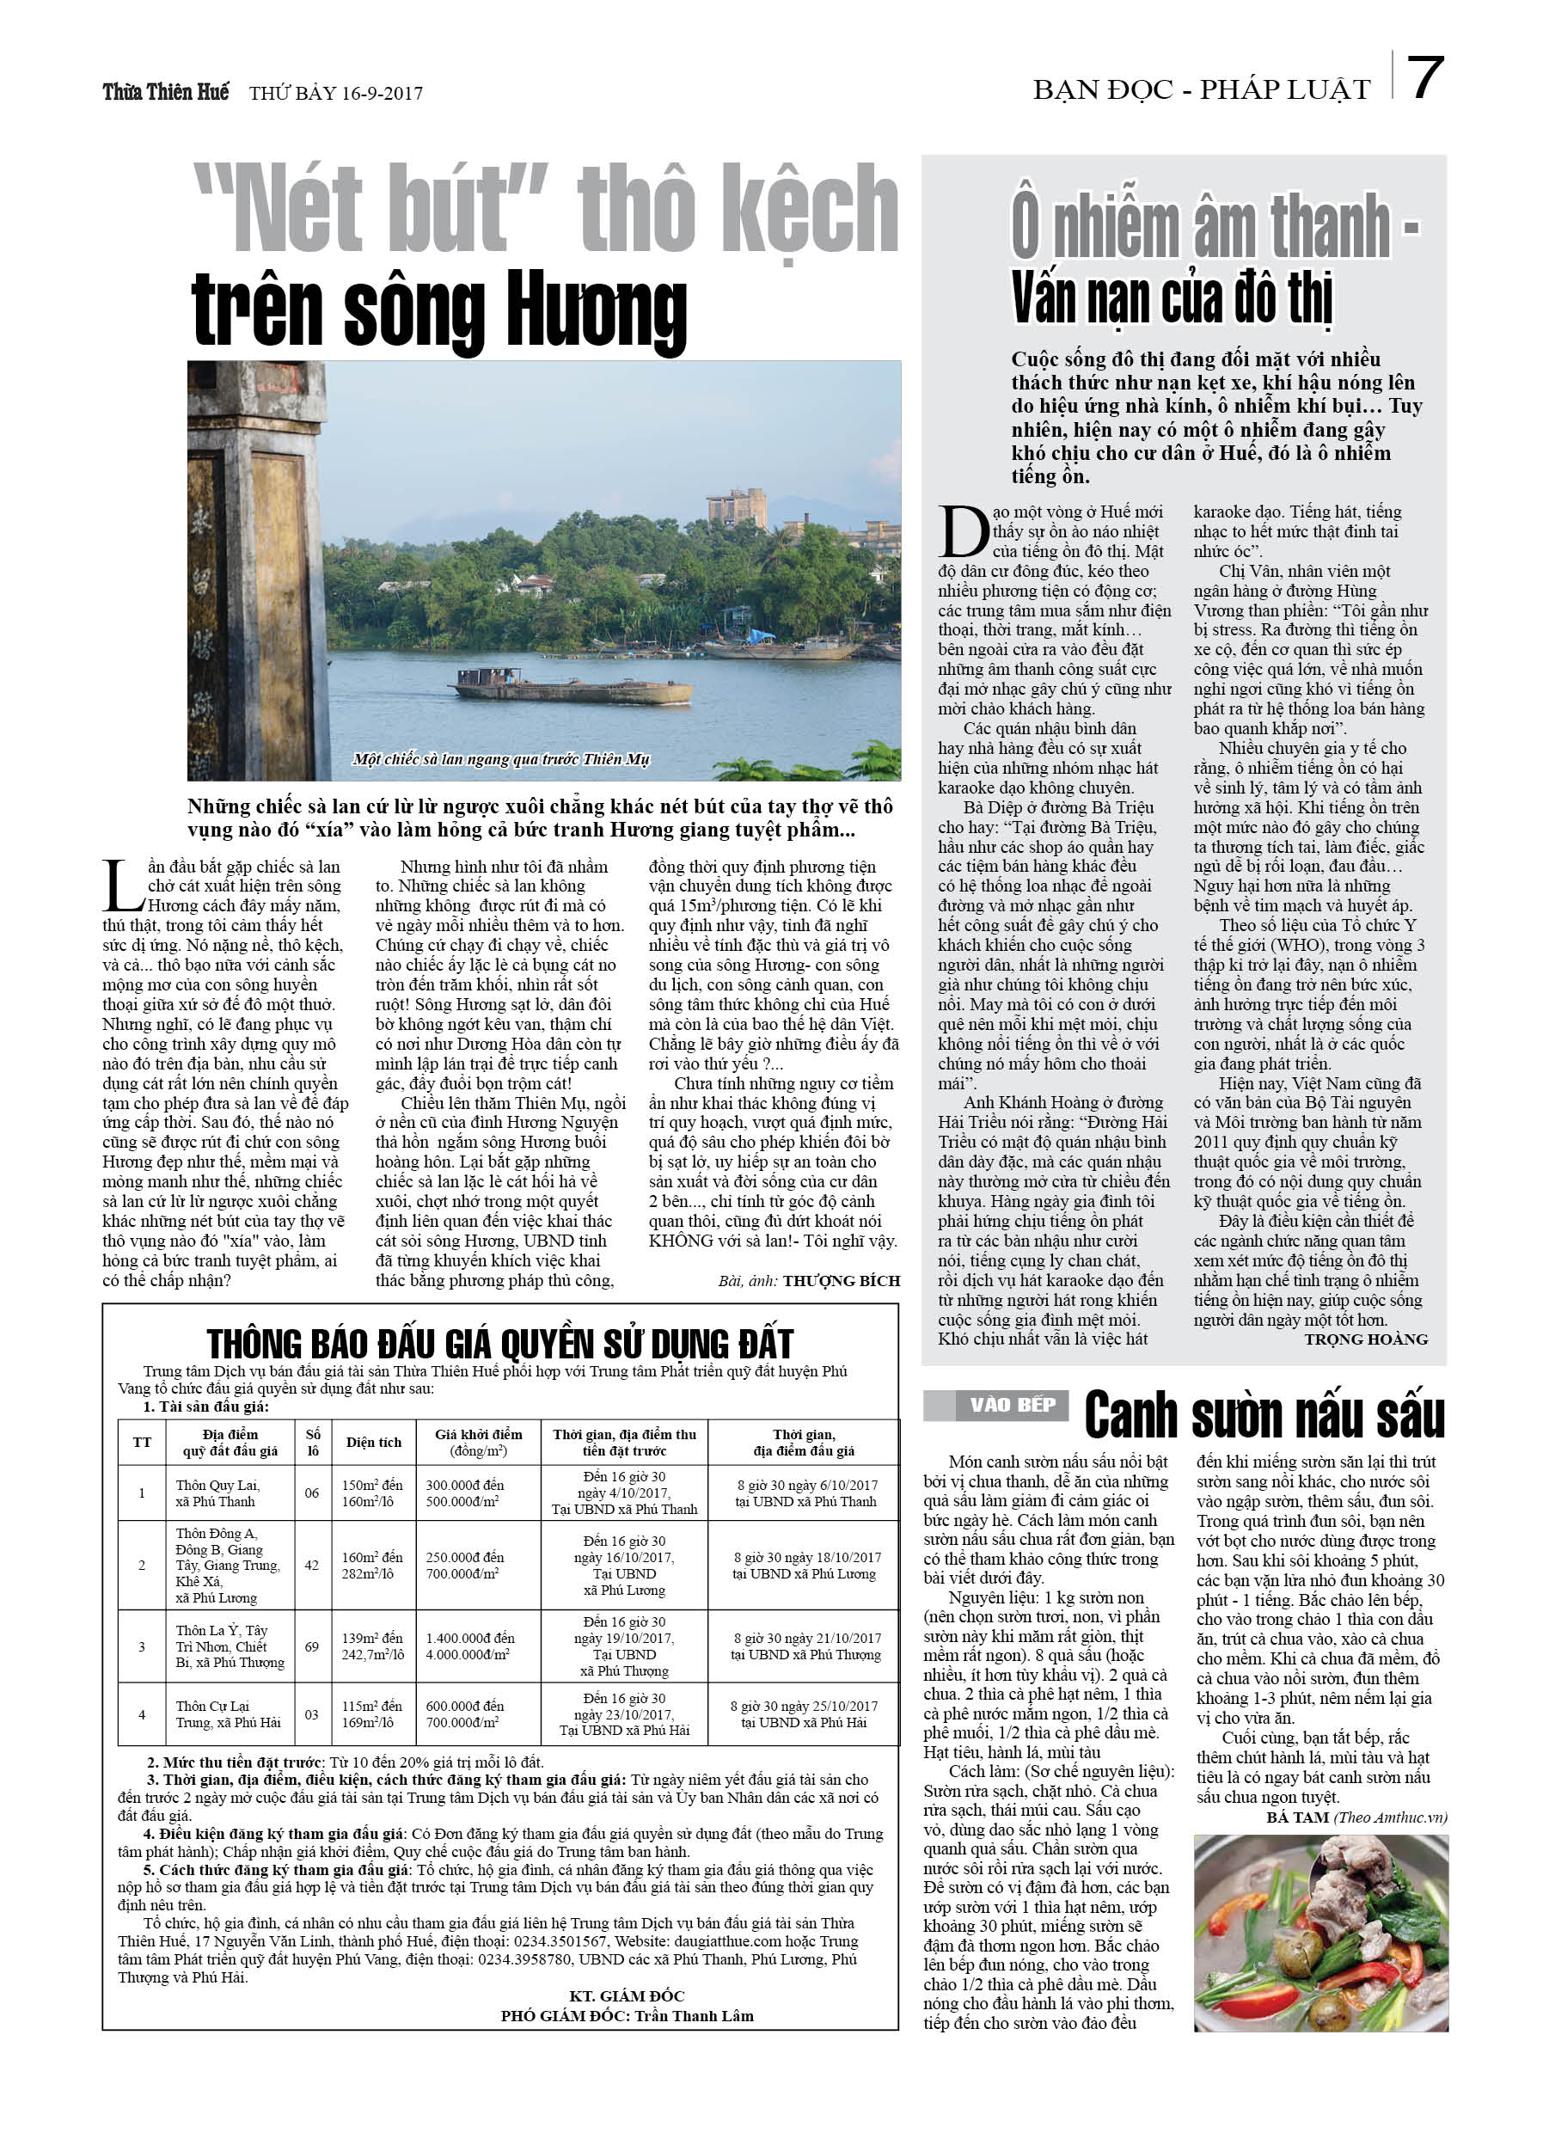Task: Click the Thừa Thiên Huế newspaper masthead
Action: [x=166, y=92]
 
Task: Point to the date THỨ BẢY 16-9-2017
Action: [x=336, y=93]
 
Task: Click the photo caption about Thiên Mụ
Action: [x=500, y=759]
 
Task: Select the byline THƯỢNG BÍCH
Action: [x=841, y=1280]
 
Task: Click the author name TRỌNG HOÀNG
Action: [x=1365, y=1339]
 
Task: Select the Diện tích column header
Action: [x=373, y=1442]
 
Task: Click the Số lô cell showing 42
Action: [x=312, y=1565]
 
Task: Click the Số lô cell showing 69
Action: [x=312, y=1646]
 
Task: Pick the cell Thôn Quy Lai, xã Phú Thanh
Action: [x=217, y=1492]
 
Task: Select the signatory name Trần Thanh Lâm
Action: [x=694, y=2015]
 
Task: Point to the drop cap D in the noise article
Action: [x=963, y=531]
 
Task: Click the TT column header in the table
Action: [x=142, y=1442]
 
